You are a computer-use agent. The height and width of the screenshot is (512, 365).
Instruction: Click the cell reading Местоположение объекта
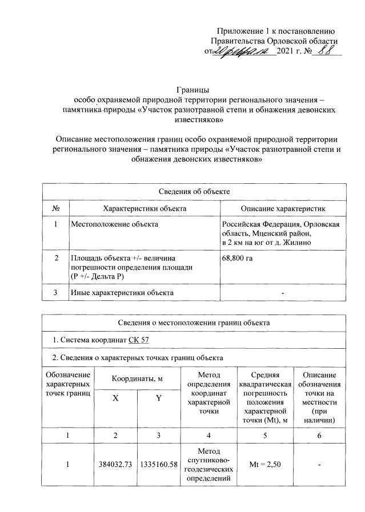click(114, 224)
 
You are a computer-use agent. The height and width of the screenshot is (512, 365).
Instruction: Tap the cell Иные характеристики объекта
click(122, 293)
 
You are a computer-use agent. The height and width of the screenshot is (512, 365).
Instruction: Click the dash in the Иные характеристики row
click(282, 293)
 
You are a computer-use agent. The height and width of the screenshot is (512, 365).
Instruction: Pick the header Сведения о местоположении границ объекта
click(194, 323)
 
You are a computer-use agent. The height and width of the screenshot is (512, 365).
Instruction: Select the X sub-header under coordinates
click(116, 400)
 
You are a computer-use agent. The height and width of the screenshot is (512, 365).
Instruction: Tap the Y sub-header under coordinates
click(158, 400)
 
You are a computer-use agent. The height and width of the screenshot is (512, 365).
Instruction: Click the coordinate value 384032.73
click(116, 465)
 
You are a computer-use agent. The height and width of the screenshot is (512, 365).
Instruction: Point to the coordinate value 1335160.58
click(158, 465)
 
